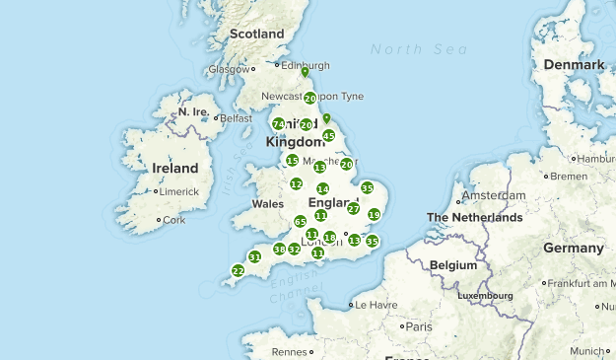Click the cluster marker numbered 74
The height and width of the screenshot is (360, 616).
[x=278, y=124]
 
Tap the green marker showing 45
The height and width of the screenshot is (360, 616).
[x=329, y=136]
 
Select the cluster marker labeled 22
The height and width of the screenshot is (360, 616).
[x=238, y=270]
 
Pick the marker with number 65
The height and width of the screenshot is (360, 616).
[x=301, y=222]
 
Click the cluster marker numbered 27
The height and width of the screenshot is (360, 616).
[x=354, y=208]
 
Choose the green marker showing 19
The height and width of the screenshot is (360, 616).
[x=374, y=215]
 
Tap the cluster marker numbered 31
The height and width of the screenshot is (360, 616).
[x=254, y=256]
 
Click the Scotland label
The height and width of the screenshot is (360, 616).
[x=256, y=35]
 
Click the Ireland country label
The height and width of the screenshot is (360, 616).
[x=174, y=169]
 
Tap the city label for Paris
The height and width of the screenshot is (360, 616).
[x=419, y=326]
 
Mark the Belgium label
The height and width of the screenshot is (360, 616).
[x=452, y=265]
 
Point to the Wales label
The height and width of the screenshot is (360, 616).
[x=267, y=204]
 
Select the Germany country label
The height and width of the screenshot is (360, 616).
[x=572, y=249]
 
